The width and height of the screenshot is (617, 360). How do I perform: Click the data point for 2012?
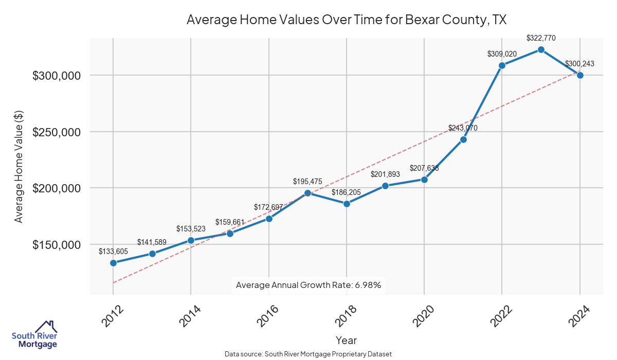[x=113, y=263]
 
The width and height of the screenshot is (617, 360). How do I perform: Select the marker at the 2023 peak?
[x=541, y=49]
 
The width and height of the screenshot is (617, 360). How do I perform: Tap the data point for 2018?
[x=347, y=204]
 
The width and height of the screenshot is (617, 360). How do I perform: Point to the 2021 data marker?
[x=463, y=139]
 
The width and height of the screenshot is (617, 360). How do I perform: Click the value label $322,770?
[x=541, y=38]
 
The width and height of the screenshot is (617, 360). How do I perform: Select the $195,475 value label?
[x=307, y=182]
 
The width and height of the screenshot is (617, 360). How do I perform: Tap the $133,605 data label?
[x=113, y=251]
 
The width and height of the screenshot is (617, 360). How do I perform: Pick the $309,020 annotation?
[x=502, y=53]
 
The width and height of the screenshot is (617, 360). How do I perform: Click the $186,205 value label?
[x=347, y=192]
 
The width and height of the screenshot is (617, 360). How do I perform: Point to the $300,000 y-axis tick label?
[x=57, y=76]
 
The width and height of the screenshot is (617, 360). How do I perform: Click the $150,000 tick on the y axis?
[x=57, y=245]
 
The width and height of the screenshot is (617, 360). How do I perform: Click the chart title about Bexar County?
[x=347, y=20]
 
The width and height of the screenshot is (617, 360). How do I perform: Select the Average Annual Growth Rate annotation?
[x=308, y=285]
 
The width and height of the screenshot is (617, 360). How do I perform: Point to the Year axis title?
[x=346, y=340]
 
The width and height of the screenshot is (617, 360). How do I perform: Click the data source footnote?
[x=308, y=354]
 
